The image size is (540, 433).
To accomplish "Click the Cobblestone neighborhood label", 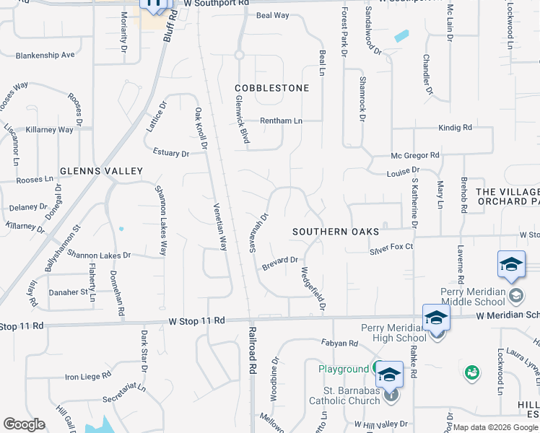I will (272, 88).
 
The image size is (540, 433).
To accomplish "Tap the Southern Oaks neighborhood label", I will (335, 232).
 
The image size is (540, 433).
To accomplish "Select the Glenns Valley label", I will (101, 171).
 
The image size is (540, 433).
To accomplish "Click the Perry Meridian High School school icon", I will (436, 318).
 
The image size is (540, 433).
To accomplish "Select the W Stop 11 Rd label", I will (197, 320).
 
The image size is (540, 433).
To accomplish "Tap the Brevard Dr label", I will (280, 263).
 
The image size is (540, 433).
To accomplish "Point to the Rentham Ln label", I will (281, 121).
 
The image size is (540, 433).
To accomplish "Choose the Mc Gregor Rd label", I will (414, 155).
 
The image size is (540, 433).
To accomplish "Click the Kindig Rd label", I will (454, 128).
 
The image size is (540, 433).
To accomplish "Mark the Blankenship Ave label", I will (45, 55).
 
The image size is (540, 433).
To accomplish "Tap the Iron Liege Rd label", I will (87, 376).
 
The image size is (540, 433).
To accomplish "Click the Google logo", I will (24, 424).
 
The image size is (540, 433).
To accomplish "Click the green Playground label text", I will (344, 369).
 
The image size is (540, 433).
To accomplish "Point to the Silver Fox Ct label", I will (391, 247).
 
